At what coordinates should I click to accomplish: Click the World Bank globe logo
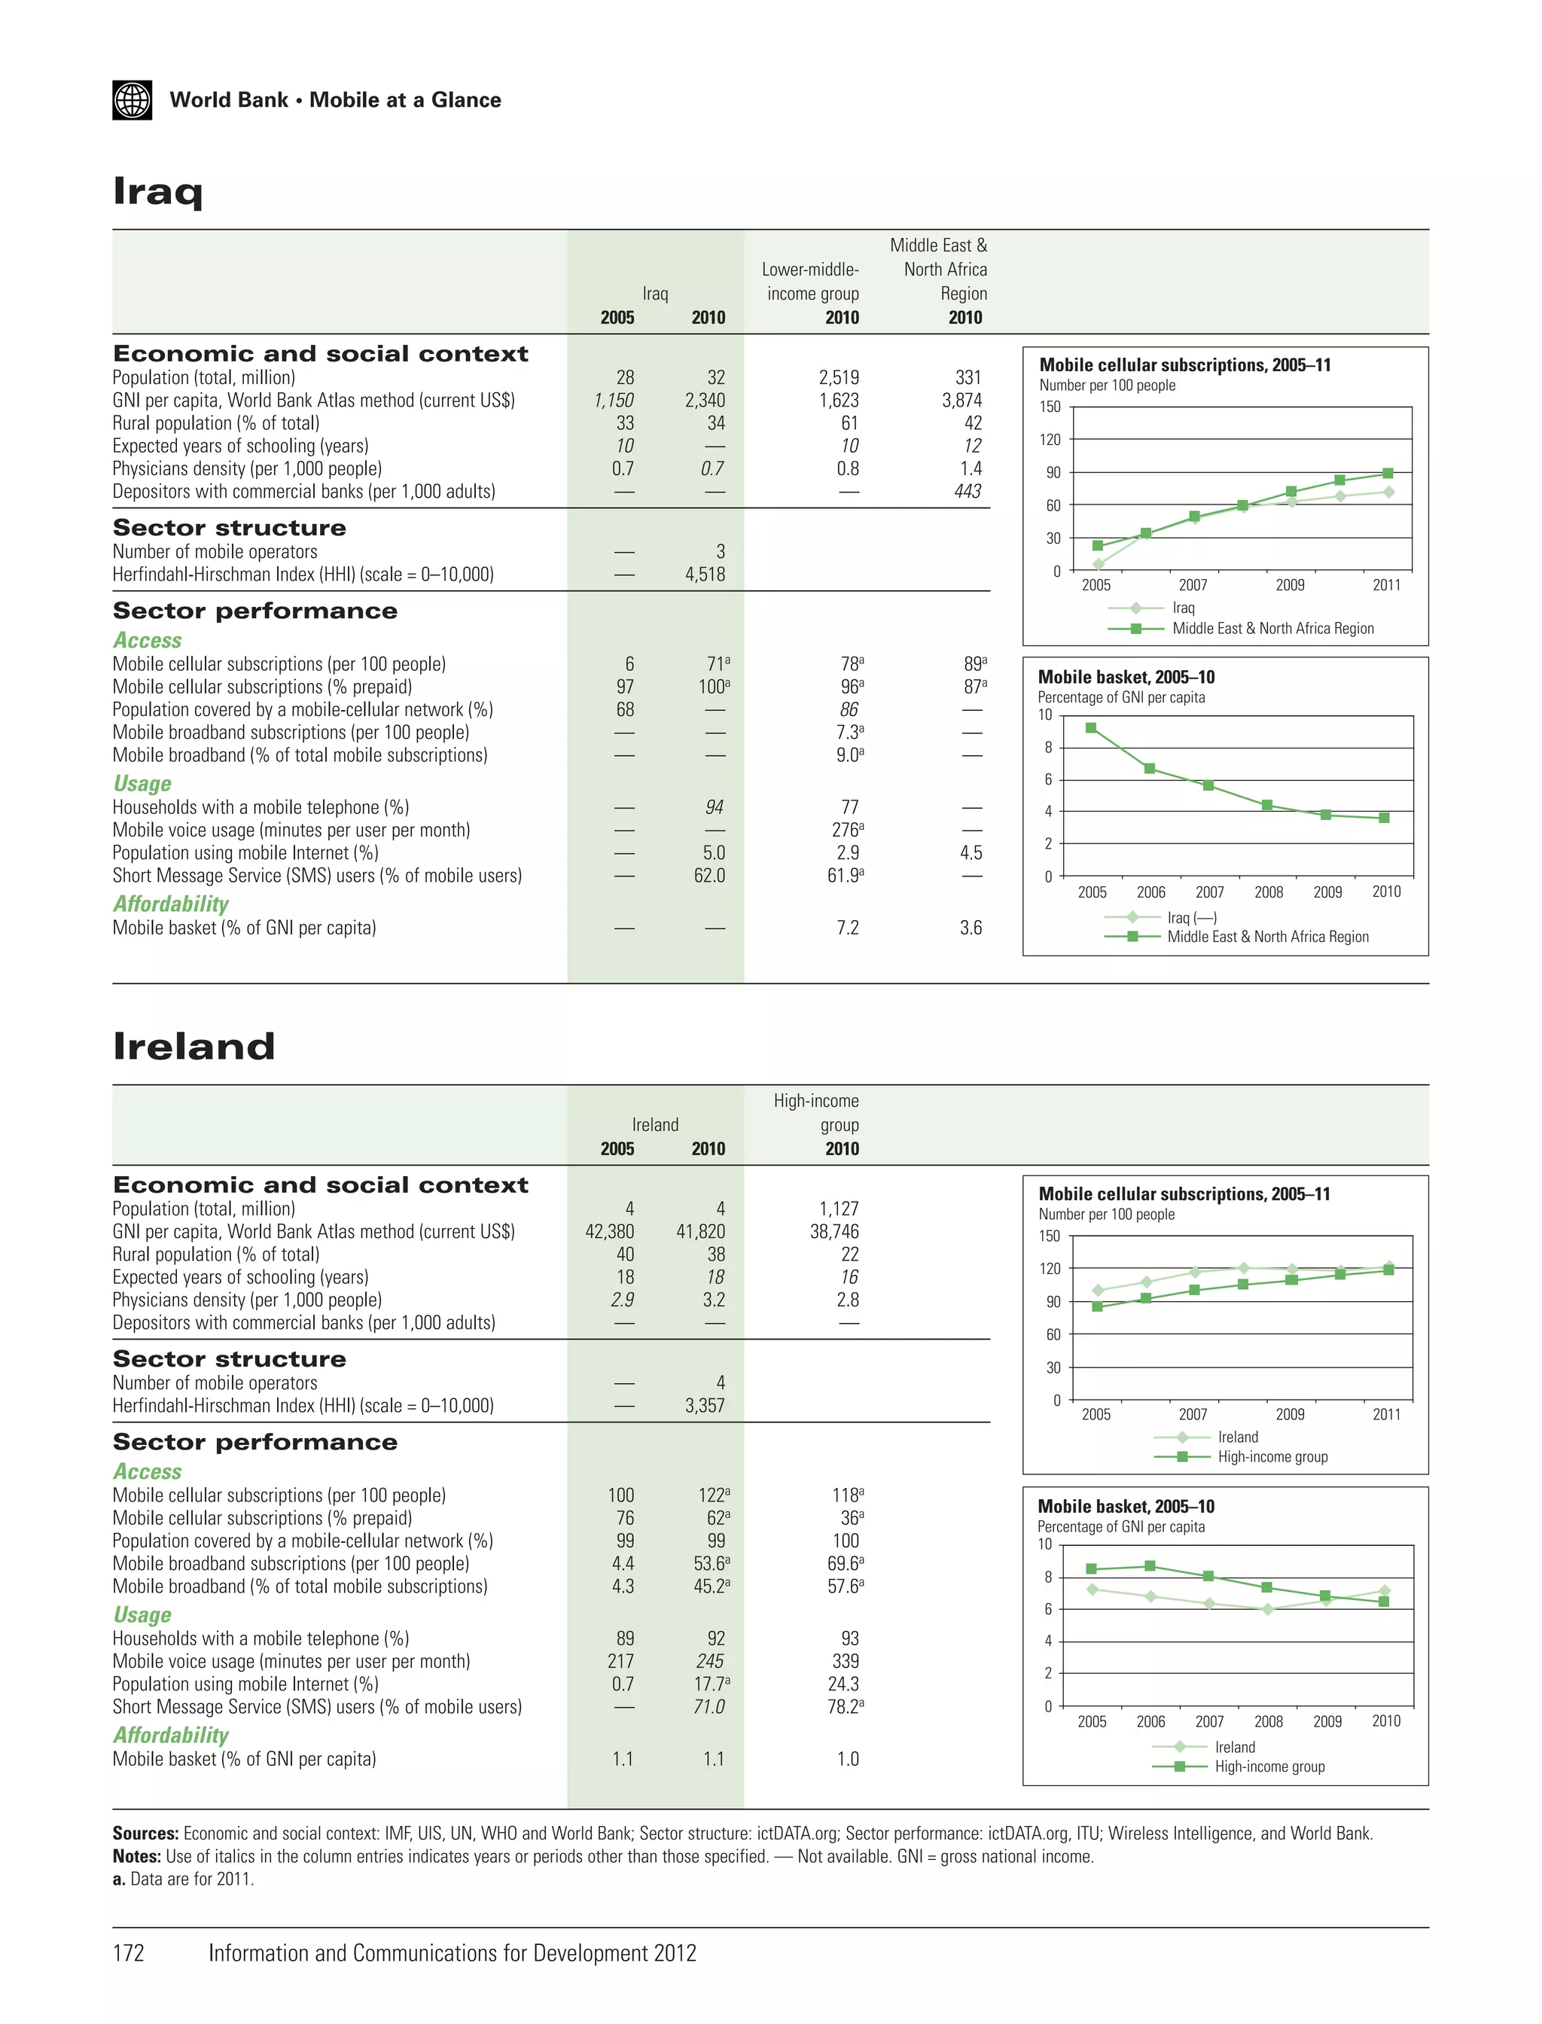click(x=133, y=100)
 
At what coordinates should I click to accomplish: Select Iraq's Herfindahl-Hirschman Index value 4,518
click(x=704, y=575)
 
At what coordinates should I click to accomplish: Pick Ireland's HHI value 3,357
click(x=704, y=1405)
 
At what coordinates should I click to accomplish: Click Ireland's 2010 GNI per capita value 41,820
click(x=700, y=1232)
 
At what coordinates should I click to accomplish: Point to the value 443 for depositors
click(x=968, y=491)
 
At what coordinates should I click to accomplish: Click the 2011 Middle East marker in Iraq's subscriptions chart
click(x=1388, y=474)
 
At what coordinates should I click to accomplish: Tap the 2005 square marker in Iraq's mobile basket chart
click(x=1090, y=728)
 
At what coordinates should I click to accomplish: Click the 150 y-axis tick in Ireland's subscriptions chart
click(x=1049, y=1236)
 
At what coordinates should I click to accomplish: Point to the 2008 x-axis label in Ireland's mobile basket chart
click(x=1269, y=1721)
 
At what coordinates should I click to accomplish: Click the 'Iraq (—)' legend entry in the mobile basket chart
click(x=1191, y=917)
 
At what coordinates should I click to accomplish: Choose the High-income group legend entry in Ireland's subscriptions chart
click(x=1272, y=1457)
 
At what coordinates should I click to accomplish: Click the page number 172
click(x=129, y=1952)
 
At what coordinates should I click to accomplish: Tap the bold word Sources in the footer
click(x=145, y=1833)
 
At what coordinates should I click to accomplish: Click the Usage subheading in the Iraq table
click(x=142, y=784)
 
